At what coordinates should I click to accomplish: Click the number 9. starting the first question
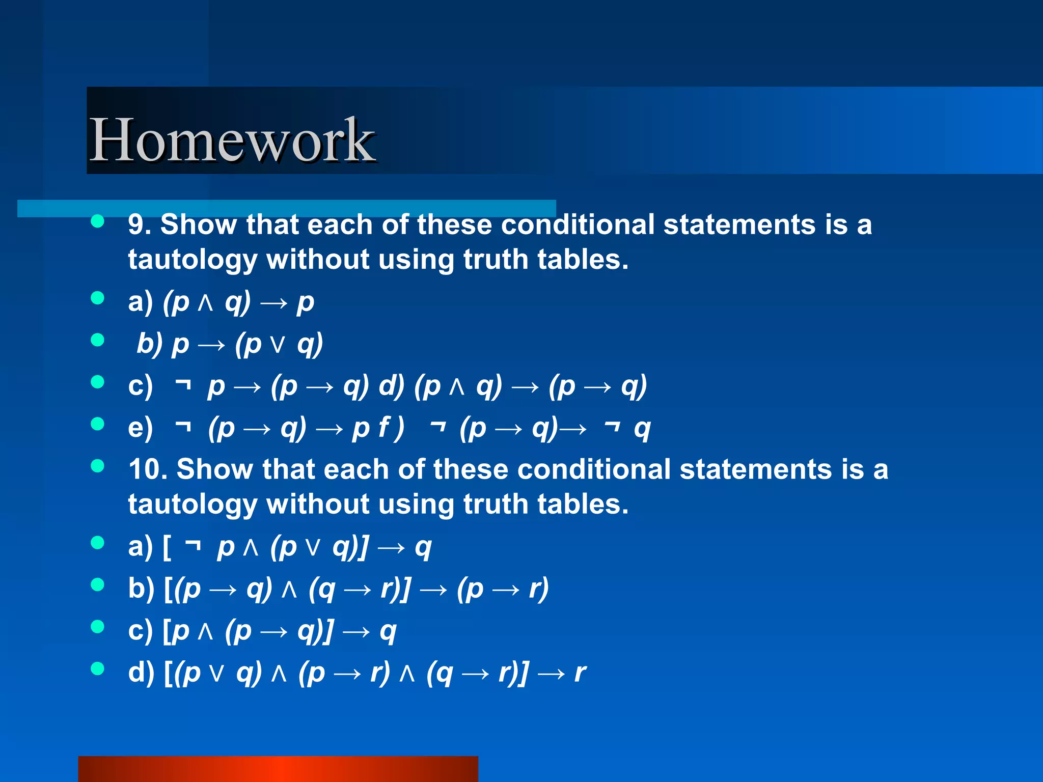140,225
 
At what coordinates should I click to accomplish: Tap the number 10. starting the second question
147,469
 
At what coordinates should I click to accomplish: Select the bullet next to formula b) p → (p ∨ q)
97,340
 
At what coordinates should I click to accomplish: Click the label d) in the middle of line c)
391,385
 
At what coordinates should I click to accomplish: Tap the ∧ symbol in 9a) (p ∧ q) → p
205,303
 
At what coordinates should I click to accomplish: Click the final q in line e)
642,429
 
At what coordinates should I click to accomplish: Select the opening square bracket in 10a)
167,548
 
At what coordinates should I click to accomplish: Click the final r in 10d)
580,673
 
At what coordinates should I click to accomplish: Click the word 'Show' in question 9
199,225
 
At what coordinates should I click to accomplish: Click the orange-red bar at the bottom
278,769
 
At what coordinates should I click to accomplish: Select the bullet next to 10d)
97,668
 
